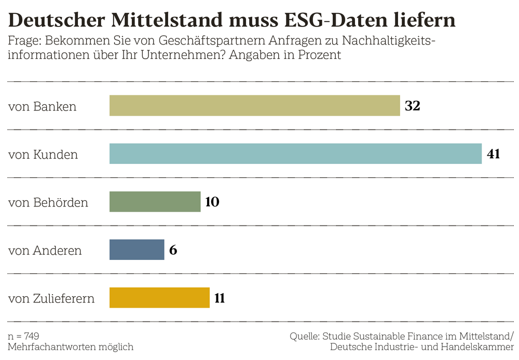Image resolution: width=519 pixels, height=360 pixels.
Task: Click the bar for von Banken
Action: (x=254, y=105)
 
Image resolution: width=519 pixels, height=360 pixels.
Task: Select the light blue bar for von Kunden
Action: (x=295, y=154)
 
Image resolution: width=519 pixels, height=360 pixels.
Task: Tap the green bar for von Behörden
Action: (x=155, y=202)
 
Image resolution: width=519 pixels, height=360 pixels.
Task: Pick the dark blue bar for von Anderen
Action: (x=136, y=250)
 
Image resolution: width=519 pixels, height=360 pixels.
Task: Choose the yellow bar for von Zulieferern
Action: (x=159, y=298)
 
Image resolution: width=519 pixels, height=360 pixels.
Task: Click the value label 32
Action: (x=412, y=106)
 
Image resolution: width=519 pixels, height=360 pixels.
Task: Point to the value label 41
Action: (x=493, y=154)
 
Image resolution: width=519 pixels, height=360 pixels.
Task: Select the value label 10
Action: (x=212, y=202)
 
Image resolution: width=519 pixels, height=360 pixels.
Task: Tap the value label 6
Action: (x=173, y=250)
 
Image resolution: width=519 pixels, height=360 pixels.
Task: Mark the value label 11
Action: (x=220, y=298)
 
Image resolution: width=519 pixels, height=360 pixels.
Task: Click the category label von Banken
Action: (x=42, y=106)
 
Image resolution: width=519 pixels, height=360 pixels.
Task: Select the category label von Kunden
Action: (x=43, y=155)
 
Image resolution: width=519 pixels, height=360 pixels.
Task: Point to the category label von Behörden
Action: (x=48, y=202)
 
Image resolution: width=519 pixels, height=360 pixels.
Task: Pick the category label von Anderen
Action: (x=45, y=251)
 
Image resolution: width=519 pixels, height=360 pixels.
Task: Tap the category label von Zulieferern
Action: (x=51, y=299)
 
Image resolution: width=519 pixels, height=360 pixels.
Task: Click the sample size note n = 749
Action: (x=24, y=336)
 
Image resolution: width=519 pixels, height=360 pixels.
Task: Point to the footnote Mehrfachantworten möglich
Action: (x=71, y=347)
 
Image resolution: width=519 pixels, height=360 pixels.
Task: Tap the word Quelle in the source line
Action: (x=304, y=336)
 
